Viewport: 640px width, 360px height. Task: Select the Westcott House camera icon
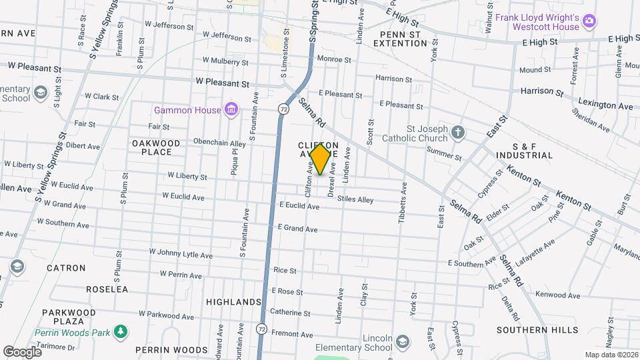point(589,22)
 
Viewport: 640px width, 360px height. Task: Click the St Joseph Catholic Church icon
point(458,132)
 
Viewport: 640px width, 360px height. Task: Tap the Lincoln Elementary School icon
point(402,342)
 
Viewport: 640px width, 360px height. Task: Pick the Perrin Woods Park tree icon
point(121,331)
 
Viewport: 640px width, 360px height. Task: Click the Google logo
point(21,351)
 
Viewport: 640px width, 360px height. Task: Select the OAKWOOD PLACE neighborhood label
point(156,147)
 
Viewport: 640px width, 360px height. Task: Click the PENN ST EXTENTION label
point(400,39)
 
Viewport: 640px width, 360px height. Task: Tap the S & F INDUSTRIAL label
point(524,151)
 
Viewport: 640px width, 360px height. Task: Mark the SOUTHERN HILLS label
point(529,330)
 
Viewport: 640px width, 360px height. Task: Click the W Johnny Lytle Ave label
point(181,254)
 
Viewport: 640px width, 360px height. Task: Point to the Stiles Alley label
point(355,199)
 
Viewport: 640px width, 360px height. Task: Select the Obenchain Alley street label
point(201,143)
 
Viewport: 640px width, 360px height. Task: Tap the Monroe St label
point(334,59)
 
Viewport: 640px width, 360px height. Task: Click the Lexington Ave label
point(605,106)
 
